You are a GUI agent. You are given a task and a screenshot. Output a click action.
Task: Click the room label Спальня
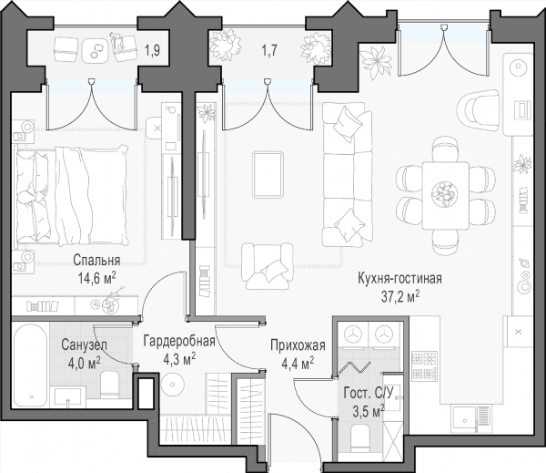(96, 261)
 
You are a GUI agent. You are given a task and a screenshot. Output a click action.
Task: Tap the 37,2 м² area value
(400, 297)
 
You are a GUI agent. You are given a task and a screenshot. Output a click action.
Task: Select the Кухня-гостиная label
(400, 279)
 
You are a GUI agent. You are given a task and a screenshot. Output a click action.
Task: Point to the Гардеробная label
(179, 341)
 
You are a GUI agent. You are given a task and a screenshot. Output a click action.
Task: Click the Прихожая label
(298, 345)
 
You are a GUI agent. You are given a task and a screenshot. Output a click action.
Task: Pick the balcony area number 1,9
(153, 51)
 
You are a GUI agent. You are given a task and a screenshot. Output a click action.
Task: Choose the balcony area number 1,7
(269, 51)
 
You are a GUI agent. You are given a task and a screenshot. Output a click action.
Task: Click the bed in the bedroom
(70, 195)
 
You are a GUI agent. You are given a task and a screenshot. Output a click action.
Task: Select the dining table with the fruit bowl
(445, 195)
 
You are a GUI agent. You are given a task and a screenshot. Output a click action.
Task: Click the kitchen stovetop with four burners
(424, 365)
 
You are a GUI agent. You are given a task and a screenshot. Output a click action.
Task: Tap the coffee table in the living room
(268, 174)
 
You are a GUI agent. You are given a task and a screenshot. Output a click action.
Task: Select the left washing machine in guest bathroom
(354, 334)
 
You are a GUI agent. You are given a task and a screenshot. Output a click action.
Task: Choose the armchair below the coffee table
(268, 266)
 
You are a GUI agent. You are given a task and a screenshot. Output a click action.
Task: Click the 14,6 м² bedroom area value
(97, 279)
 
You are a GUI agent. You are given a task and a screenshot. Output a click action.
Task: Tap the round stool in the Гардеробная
(173, 384)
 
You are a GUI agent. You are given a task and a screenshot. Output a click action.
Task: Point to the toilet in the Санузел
(109, 385)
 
